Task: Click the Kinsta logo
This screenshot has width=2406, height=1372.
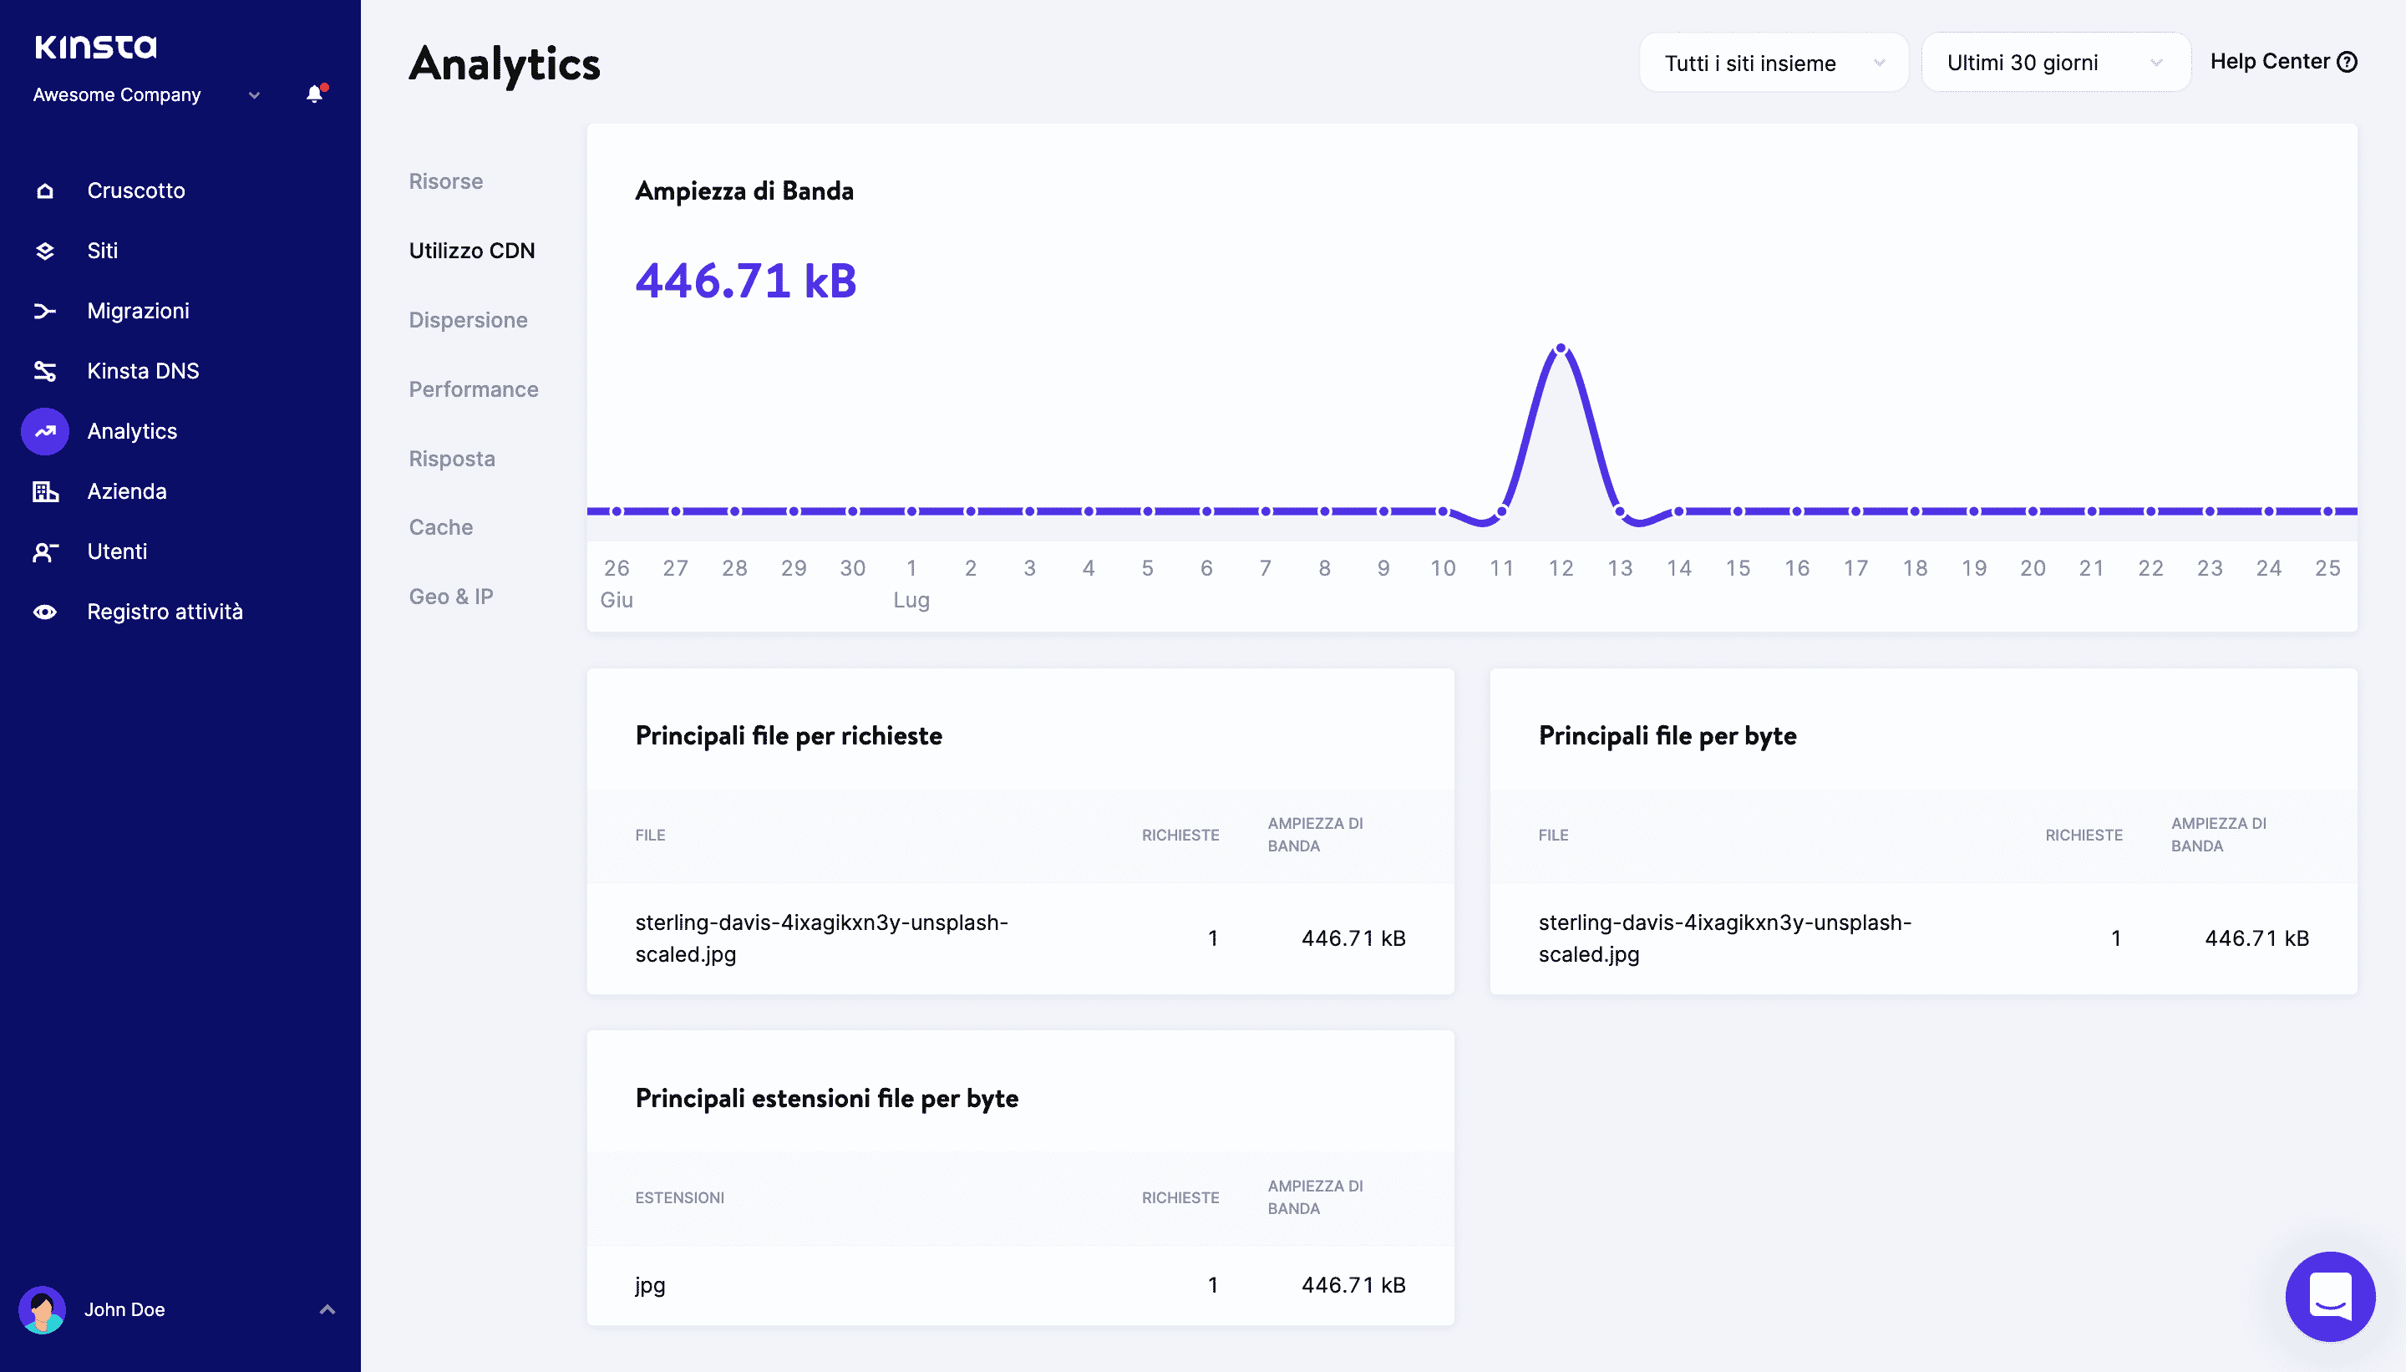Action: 95,46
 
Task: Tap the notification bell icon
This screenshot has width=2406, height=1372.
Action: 315,94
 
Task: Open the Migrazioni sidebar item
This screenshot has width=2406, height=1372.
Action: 138,311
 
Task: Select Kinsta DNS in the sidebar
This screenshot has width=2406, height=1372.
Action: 142,371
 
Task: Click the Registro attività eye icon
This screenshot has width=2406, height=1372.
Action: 44,612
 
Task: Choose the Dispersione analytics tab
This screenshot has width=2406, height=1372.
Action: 467,320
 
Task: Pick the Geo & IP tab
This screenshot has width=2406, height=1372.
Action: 450,597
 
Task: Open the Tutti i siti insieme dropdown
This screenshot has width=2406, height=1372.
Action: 1773,64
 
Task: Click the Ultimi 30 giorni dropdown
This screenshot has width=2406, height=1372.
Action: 2054,64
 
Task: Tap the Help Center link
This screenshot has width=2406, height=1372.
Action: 2282,62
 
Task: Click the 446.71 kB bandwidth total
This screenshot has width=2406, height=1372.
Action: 745,281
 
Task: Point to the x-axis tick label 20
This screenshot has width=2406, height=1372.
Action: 2032,568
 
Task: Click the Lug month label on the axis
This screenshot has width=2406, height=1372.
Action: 911,600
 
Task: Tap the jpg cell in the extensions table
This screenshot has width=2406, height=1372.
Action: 650,1285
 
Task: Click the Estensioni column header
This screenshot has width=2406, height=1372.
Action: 679,1197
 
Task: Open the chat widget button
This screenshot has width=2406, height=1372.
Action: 2329,1296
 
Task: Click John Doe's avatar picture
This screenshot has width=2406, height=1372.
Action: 43,1310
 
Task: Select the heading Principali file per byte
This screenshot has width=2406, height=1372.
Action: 1667,736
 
